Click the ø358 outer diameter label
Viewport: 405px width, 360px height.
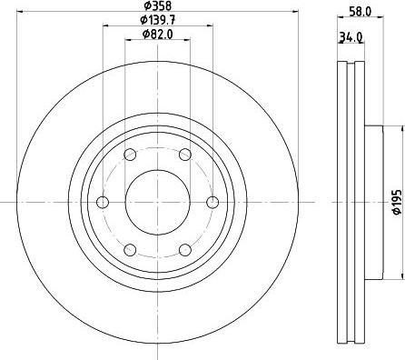coord(157,5)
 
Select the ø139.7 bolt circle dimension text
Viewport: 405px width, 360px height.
coord(158,20)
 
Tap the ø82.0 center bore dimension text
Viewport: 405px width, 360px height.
coord(158,35)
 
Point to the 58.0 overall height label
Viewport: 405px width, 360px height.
coord(360,12)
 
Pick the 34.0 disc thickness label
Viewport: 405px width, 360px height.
coord(351,37)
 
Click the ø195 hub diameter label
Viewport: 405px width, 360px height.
coord(397,202)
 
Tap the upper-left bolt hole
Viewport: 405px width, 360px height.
coord(130,155)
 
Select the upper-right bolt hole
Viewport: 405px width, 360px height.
coord(185,155)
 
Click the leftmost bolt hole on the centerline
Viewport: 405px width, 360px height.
coord(103,202)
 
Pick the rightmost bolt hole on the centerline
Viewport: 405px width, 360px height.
coord(212,202)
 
